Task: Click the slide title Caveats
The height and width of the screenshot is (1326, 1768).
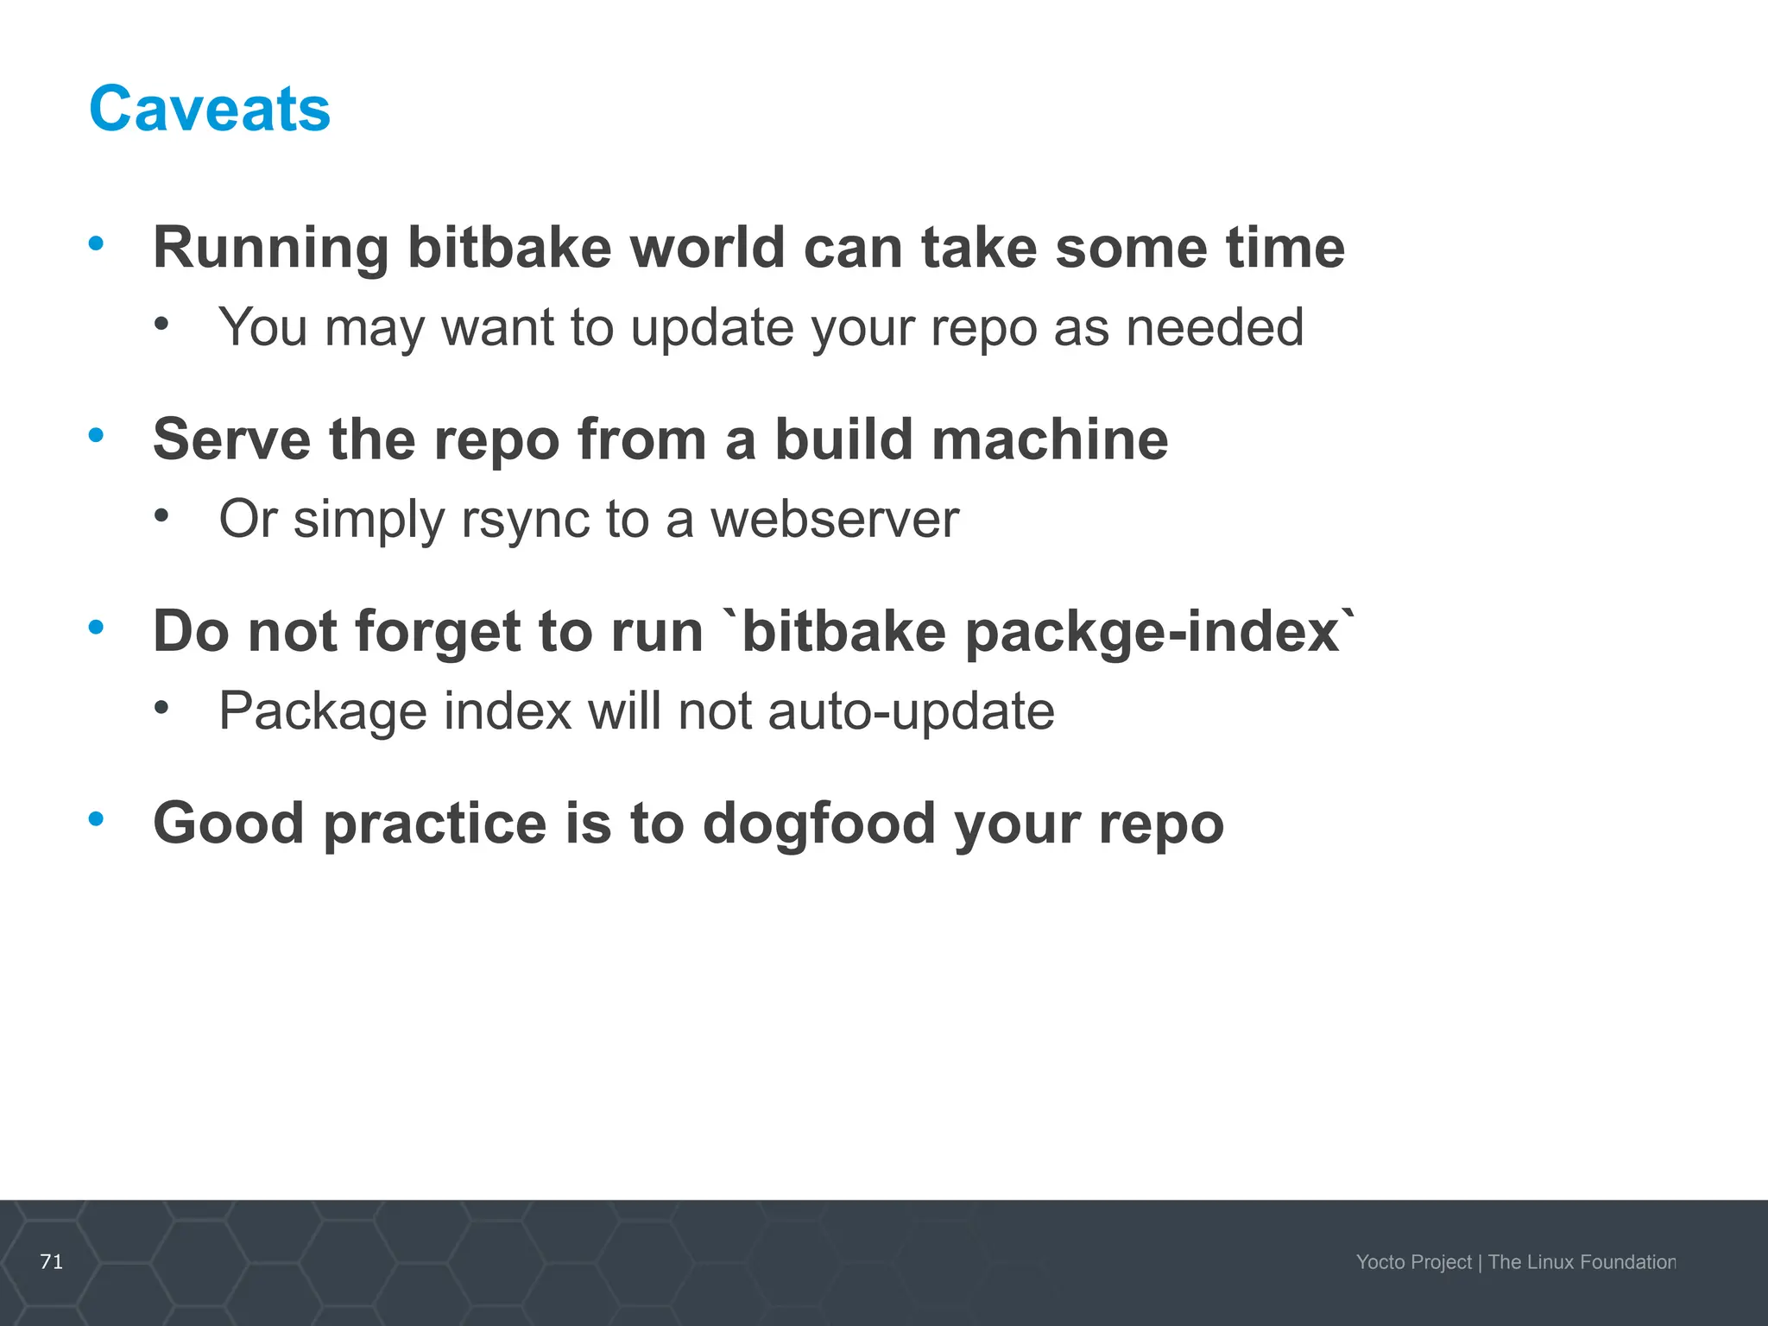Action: click(x=210, y=110)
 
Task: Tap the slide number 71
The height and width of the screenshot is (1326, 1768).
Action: click(x=52, y=1261)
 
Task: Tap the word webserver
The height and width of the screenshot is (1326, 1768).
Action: click(x=834, y=520)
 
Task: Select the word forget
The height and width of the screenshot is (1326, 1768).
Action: click(x=437, y=633)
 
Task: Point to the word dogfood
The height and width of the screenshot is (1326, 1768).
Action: click(x=819, y=824)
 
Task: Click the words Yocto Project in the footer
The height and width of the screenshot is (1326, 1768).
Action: click(x=1413, y=1262)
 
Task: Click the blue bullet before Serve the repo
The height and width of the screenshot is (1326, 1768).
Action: click(x=96, y=435)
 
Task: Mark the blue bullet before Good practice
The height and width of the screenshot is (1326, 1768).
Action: click(x=96, y=818)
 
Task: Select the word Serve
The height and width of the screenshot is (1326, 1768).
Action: click(x=231, y=439)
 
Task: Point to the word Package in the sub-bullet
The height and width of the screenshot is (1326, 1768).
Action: click(x=323, y=712)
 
